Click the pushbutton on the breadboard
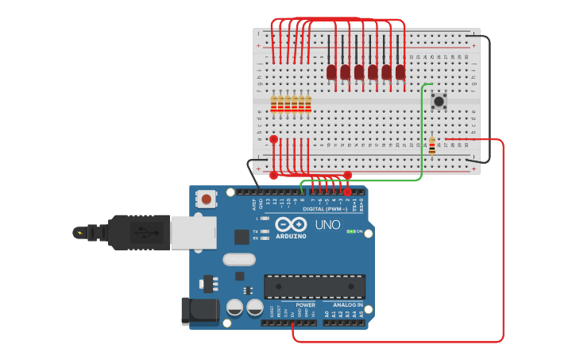tap(439, 101)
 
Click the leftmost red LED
tap(331, 72)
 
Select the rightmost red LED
tap(400, 72)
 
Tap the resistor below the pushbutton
tap(431, 145)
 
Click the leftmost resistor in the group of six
tap(274, 105)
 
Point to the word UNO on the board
tap(327, 225)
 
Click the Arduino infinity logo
tap(291, 225)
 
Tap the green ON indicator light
tap(350, 231)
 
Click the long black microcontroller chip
tap(315, 286)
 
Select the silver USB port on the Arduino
tap(193, 233)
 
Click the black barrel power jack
tap(199, 311)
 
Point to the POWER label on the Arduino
tap(305, 305)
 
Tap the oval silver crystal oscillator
tap(239, 259)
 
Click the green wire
tap(421, 135)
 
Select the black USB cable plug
tap(138, 232)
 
